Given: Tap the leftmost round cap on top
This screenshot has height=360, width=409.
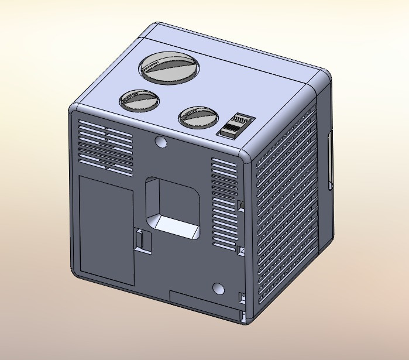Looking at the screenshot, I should (x=139, y=100).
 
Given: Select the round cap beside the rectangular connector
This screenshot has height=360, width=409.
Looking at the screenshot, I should (x=198, y=116).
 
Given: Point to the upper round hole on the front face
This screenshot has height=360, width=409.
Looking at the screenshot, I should (x=160, y=142).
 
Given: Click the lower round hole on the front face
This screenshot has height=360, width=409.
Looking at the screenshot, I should (x=218, y=289).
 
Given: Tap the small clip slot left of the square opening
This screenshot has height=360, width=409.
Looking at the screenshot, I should (x=142, y=241).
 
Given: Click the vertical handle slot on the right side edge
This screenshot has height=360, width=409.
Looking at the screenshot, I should (x=330, y=160).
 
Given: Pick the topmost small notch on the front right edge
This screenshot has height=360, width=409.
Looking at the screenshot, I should (x=240, y=203).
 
